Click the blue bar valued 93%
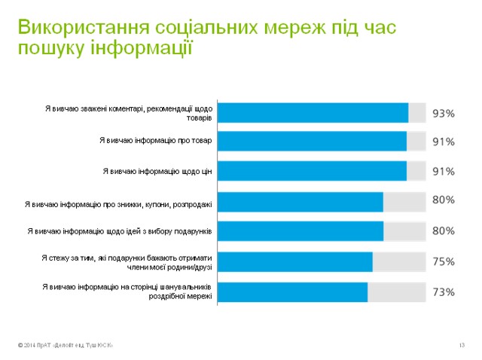(x=313, y=113)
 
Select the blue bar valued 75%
(x=294, y=261)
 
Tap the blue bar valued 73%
(x=292, y=291)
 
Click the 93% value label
(x=444, y=114)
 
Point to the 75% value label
(x=444, y=262)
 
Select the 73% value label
(x=444, y=291)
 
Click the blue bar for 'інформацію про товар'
(x=312, y=141)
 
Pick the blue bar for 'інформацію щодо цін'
(x=312, y=171)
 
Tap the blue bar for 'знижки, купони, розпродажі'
(x=300, y=202)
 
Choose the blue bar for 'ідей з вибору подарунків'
(x=300, y=230)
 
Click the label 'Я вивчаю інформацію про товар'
(x=156, y=140)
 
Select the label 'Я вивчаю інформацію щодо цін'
(x=157, y=172)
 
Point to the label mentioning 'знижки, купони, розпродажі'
(x=119, y=203)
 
